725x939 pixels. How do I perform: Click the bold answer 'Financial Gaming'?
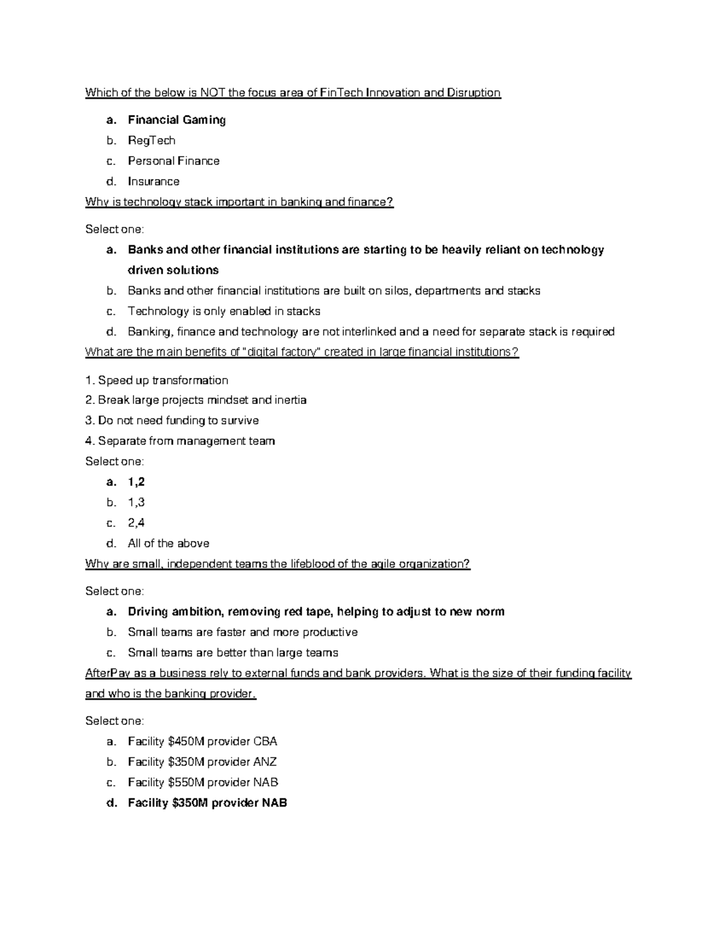(x=176, y=120)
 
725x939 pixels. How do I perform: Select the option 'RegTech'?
(x=151, y=141)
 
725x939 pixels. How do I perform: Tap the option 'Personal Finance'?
(x=173, y=161)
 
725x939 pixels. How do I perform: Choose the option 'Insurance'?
(x=153, y=182)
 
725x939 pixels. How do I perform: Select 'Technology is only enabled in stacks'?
(x=224, y=311)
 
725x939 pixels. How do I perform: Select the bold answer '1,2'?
(x=136, y=482)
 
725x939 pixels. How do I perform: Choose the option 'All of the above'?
(x=169, y=544)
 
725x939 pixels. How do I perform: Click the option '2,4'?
(x=136, y=523)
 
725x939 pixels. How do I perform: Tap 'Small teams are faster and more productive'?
(x=242, y=632)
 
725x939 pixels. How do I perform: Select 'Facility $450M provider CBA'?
(x=202, y=742)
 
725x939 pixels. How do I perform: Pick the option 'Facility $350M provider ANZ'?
(x=202, y=762)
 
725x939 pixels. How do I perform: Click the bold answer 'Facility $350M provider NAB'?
(x=207, y=804)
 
